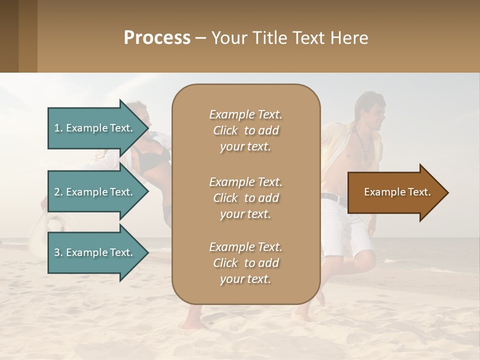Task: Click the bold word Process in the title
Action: pos(157,37)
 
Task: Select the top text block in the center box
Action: pos(245,130)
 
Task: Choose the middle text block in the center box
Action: pos(245,197)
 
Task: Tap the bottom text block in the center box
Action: pos(245,263)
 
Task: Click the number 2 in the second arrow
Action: pos(57,192)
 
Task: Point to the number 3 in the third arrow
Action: pos(57,252)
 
